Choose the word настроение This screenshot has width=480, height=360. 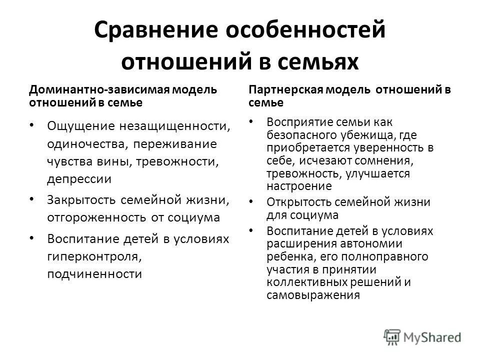[299, 186]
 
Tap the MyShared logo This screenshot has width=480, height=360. [423, 336]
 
